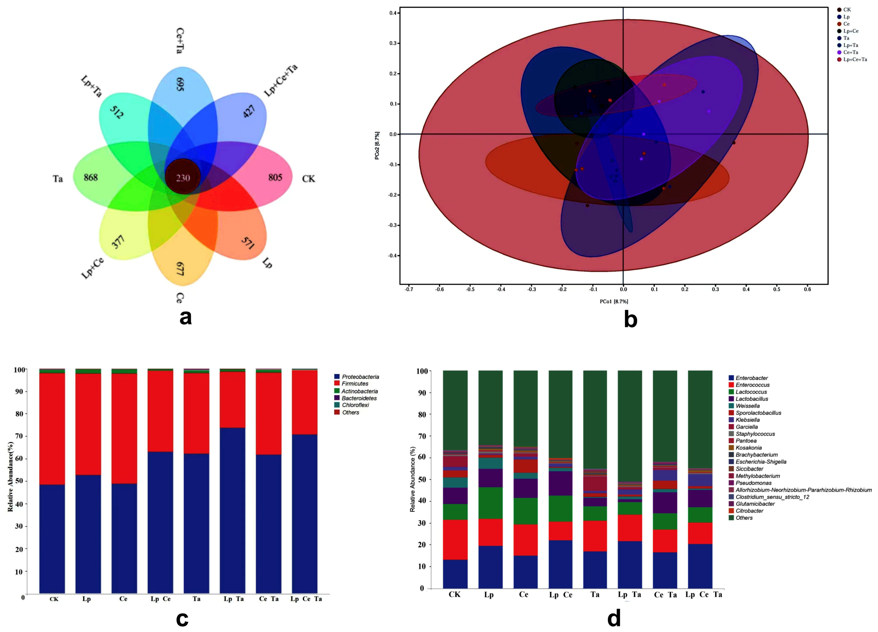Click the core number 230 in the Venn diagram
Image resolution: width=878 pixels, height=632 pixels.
tap(183, 178)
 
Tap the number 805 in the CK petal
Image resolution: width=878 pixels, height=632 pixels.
tap(275, 177)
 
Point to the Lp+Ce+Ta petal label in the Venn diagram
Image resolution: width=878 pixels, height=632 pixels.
tap(281, 80)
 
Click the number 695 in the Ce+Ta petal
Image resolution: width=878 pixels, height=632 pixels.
tap(180, 84)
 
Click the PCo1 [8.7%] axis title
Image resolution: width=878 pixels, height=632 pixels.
tap(614, 301)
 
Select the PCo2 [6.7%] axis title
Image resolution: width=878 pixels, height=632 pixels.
tap(377, 146)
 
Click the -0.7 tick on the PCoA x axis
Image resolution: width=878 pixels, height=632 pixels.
tap(409, 289)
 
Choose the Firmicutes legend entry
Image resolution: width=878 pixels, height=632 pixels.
tap(355, 384)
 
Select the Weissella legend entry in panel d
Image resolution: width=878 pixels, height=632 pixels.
tap(747, 406)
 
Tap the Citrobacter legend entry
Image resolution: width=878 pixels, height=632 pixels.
tap(749, 511)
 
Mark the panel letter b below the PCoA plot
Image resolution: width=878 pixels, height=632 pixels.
tap(630, 320)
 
